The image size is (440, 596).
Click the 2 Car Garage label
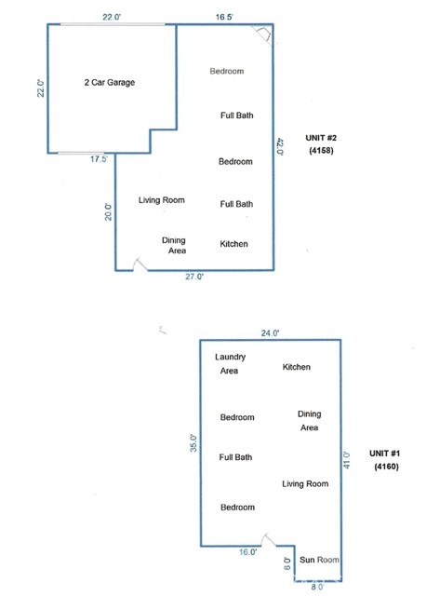point(110,83)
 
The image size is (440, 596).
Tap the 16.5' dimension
point(224,17)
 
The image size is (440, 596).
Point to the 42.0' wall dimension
point(280,146)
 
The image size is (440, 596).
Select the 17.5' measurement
point(99,159)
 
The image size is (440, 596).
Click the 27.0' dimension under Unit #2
point(194,277)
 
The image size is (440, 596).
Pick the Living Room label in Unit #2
point(161,200)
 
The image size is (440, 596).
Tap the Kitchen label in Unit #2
point(233,244)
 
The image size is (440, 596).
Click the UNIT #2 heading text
point(321,138)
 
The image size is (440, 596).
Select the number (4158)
point(321,150)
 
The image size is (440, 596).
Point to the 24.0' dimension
point(270,333)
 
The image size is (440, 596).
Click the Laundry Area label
point(230,363)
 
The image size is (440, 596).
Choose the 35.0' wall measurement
point(193,443)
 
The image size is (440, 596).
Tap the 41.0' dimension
point(347,460)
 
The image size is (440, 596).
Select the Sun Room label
point(319,560)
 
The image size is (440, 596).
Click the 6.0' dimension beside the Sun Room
point(287,563)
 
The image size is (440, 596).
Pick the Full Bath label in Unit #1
point(235,457)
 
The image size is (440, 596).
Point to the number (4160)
point(386,466)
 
